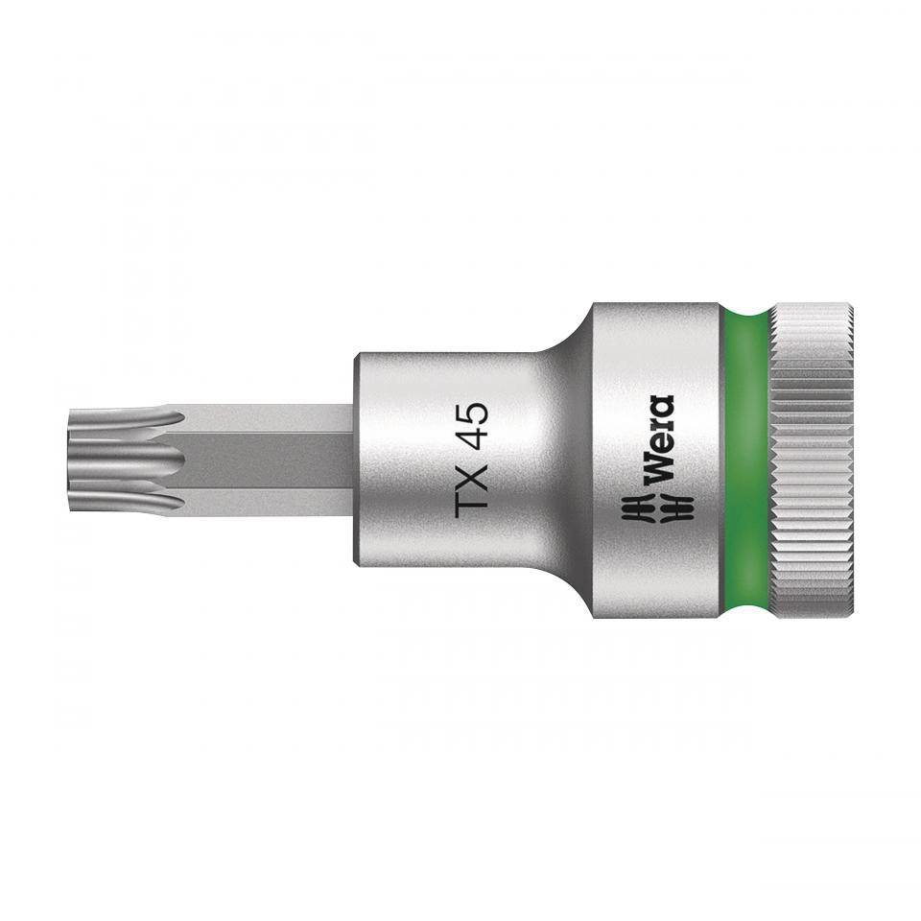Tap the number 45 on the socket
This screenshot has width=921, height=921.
click(x=472, y=423)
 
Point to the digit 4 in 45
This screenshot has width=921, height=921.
click(x=472, y=434)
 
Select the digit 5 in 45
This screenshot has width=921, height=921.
click(x=472, y=413)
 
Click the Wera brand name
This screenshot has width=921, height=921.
click(x=658, y=440)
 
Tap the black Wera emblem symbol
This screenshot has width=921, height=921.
click(x=658, y=508)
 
